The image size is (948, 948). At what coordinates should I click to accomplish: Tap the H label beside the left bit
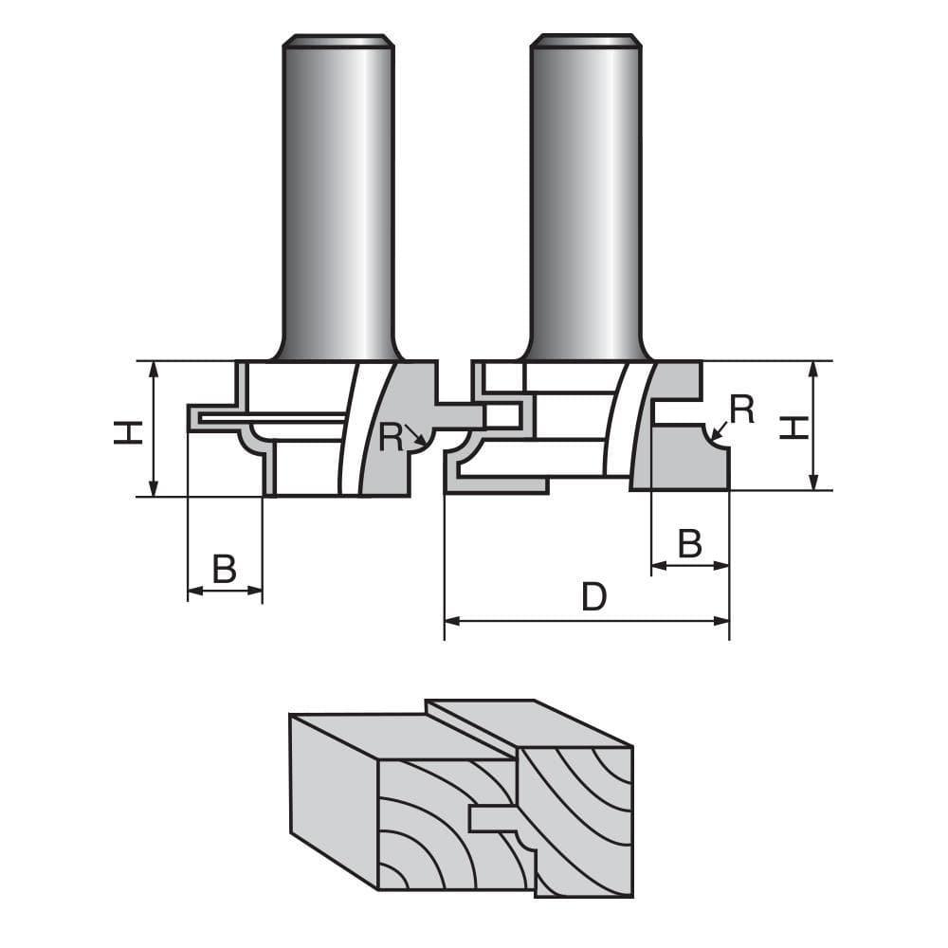click(x=127, y=431)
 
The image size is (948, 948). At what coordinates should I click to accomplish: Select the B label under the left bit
click(x=224, y=569)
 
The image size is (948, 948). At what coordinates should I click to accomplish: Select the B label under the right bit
click(x=690, y=544)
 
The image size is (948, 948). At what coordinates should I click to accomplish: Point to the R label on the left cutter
click(x=390, y=436)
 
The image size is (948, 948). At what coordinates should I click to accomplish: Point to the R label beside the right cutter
click(x=741, y=409)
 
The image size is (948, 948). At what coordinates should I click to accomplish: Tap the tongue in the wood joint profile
click(x=492, y=816)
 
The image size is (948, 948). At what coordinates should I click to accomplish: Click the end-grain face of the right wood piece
click(x=583, y=815)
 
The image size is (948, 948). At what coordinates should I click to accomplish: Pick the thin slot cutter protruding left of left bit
click(x=265, y=417)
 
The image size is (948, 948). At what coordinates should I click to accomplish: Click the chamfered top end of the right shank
click(x=585, y=40)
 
